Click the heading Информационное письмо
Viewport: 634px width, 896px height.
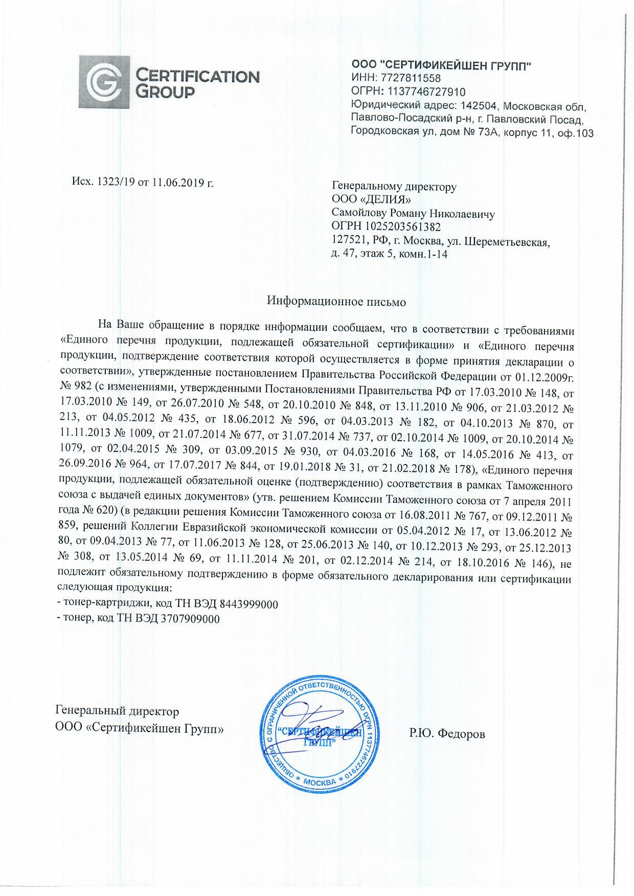point(336,302)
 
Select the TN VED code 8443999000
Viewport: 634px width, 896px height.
point(248,604)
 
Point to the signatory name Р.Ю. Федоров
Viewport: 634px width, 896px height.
point(447,734)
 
